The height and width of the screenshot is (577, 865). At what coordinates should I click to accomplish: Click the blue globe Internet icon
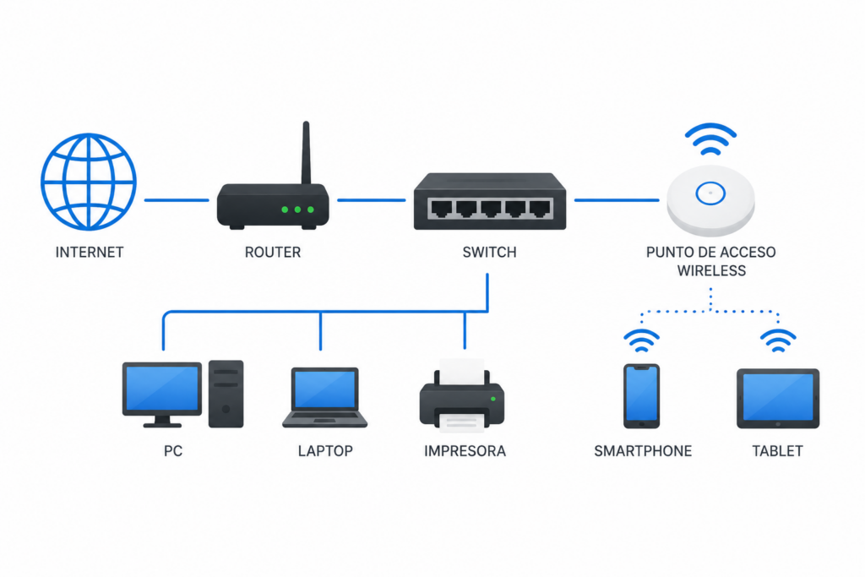(x=88, y=182)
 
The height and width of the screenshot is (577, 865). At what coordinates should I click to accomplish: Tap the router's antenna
(x=306, y=153)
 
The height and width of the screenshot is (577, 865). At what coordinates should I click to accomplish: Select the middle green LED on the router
(x=298, y=210)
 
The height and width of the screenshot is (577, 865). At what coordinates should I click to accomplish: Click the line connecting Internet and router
(x=177, y=200)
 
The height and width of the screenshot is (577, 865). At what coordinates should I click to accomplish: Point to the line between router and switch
(x=372, y=200)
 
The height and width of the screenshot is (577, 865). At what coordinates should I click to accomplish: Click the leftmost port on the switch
(x=441, y=209)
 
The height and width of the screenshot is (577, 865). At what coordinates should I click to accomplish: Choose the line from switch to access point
(x=617, y=200)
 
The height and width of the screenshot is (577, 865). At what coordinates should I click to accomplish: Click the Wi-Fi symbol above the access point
(x=710, y=139)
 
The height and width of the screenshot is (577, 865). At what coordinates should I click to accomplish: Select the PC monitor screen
(x=162, y=389)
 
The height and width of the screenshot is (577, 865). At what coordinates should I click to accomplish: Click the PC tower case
(x=226, y=394)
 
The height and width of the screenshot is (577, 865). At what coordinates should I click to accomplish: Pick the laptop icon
(x=325, y=398)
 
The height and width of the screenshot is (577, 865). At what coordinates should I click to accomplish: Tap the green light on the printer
(x=493, y=399)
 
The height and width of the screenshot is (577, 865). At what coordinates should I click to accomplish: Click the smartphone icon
(x=642, y=396)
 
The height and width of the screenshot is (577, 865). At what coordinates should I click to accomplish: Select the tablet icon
(x=778, y=399)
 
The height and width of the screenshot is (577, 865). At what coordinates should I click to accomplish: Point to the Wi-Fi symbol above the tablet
(x=778, y=341)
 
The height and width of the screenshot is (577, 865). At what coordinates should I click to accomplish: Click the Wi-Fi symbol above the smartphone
(x=642, y=341)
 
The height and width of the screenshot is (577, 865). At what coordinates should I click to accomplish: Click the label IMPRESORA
(x=465, y=451)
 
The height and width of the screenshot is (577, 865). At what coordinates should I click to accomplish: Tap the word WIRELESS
(x=711, y=271)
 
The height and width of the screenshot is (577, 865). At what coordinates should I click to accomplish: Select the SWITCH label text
(x=489, y=252)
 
